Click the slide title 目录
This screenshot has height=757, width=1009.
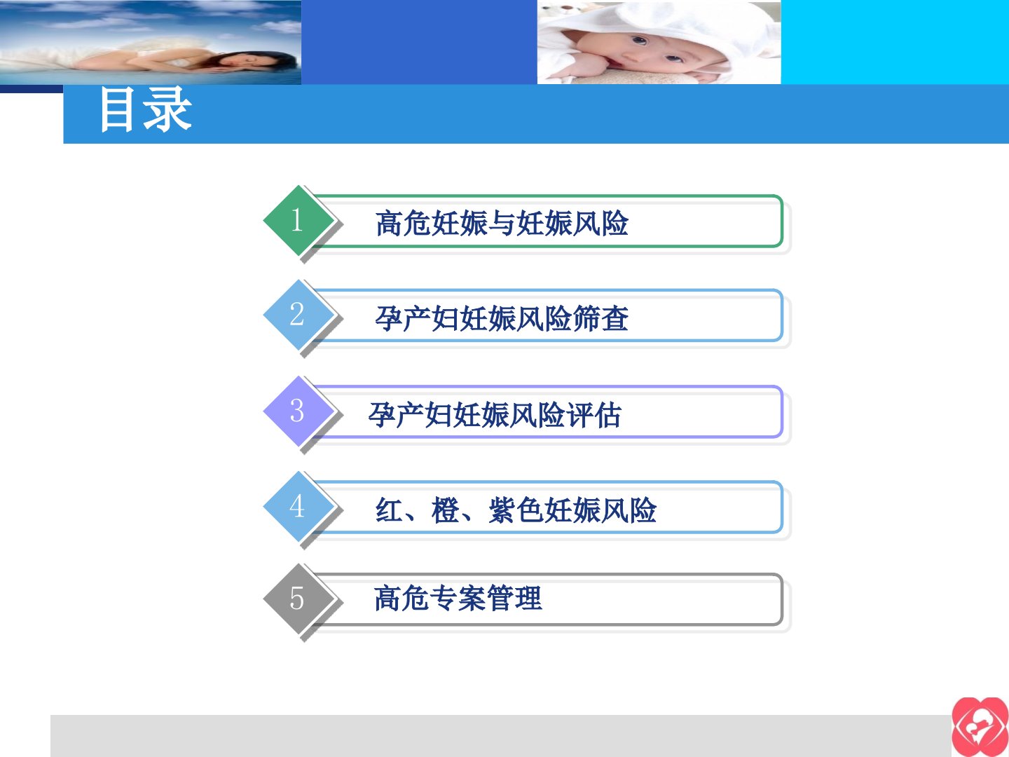[145, 110]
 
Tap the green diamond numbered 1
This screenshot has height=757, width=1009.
[298, 221]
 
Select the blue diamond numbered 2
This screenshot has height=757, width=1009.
[298, 315]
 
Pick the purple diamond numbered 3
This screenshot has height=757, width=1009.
[298, 411]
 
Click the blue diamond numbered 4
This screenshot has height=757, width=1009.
[298, 507]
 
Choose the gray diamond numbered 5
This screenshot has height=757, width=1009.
[298, 599]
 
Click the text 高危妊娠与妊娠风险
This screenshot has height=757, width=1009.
[502, 224]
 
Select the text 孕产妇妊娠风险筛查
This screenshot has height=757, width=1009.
[502, 318]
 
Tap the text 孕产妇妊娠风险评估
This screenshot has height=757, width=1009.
[495, 415]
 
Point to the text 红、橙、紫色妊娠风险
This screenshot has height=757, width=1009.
[516, 510]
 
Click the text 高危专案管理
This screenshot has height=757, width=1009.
[458, 599]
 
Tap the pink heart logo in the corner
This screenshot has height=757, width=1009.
[980, 727]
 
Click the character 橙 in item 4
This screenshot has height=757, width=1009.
[446, 510]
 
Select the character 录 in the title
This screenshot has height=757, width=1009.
[167, 110]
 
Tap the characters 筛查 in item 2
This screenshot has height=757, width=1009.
[600, 318]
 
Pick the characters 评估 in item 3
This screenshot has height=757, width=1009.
[593, 415]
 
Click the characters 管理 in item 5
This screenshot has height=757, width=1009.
[514, 599]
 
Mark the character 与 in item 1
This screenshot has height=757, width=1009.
[502, 224]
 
